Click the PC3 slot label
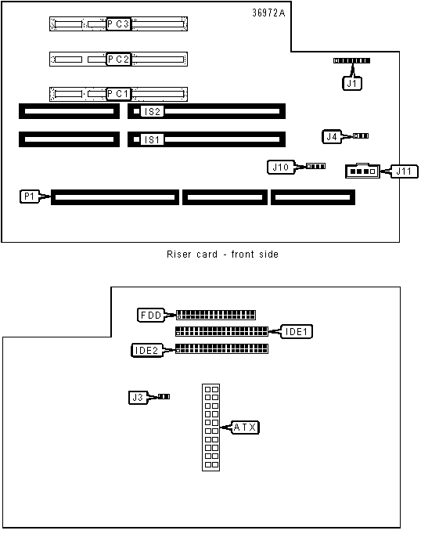[118, 24]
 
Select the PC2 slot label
[118, 60]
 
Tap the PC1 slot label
[118, 94]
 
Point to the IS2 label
[153, 112]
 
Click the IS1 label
[153, 139]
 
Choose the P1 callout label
[30, 197]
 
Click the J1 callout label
[352, 84]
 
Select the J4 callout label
[332, 136]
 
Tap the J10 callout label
[281, 168]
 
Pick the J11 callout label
[404, 171]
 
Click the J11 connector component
[362, 171]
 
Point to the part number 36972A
[268, 13]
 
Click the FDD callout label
[151, 315]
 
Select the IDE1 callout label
[296, 332]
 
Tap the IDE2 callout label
[146, 351]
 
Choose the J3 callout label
[138, 398]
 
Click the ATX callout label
[245, 428]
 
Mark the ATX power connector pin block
[211, 428]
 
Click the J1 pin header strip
[351, 61]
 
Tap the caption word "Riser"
[178, 254]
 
